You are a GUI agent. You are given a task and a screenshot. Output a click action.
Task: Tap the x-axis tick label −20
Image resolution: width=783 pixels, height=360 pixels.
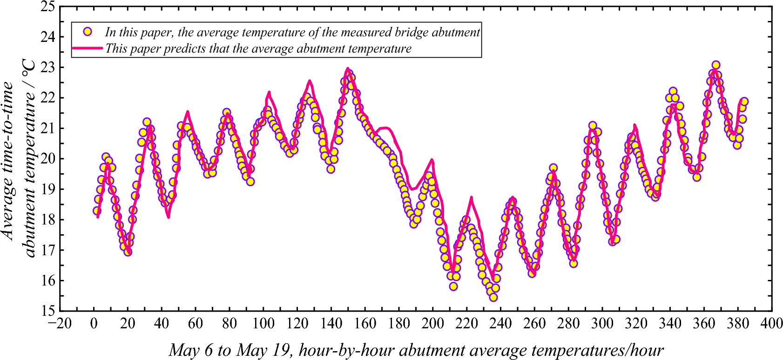click(60, 323)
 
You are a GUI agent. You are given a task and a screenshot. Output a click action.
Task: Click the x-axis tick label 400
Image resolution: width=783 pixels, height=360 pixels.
click(771, 323)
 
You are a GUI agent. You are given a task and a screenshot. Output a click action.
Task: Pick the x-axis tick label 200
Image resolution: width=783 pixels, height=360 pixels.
click(432, 323)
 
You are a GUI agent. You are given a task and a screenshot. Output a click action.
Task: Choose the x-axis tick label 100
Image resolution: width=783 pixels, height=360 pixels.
click(263, 323)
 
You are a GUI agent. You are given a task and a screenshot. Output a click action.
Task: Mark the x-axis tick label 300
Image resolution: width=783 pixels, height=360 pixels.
click(602, 323)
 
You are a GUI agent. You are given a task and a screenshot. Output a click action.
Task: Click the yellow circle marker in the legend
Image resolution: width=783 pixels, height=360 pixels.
click(87, 32)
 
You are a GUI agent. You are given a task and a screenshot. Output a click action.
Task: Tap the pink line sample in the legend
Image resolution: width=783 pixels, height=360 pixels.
click(87, 48)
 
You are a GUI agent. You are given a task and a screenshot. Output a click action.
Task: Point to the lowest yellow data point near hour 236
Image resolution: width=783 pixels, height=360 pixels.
click(493, 297)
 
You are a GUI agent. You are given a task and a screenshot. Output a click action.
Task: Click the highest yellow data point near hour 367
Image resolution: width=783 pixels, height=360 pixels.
click(716, 65)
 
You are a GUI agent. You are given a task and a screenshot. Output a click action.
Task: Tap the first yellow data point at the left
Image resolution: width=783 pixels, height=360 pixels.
click(97, 211)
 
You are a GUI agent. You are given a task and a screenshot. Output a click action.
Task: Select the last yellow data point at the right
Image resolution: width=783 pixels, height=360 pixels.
click(744, 102)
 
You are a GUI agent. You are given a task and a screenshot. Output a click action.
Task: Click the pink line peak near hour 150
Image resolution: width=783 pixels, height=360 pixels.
click(347, 68)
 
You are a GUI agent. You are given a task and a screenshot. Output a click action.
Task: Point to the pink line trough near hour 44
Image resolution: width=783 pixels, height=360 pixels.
click(169, 217)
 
